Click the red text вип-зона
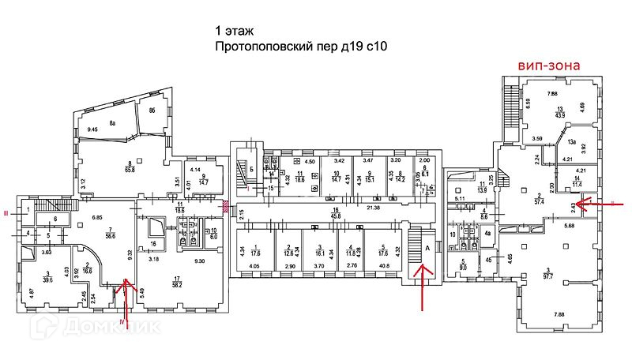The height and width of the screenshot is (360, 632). (x=549, y=66)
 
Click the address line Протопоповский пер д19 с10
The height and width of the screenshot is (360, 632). (x=300, y=47)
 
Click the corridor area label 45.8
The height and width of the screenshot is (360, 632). (x=335, y=216)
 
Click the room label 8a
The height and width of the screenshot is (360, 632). (x=112, y=122)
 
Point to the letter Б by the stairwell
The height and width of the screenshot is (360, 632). (x=251, y=169)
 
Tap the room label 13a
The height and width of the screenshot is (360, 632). (x=570, y=142)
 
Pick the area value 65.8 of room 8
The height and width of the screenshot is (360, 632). (x=128, y=169)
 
